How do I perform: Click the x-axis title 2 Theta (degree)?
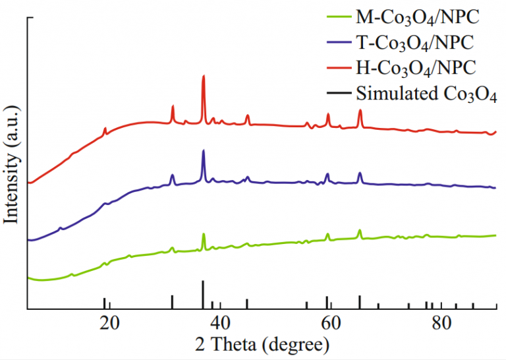click(x=262, y=344)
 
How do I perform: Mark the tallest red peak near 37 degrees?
click(x=203, y=76)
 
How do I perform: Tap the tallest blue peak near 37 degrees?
click(x=203, y=152)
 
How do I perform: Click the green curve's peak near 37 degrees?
click(x=203, y=235)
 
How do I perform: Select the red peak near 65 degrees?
click(x=360, y=110)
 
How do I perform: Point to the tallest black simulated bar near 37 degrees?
click(x=203, y=294)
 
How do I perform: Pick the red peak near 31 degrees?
click(x=173, y=106)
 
